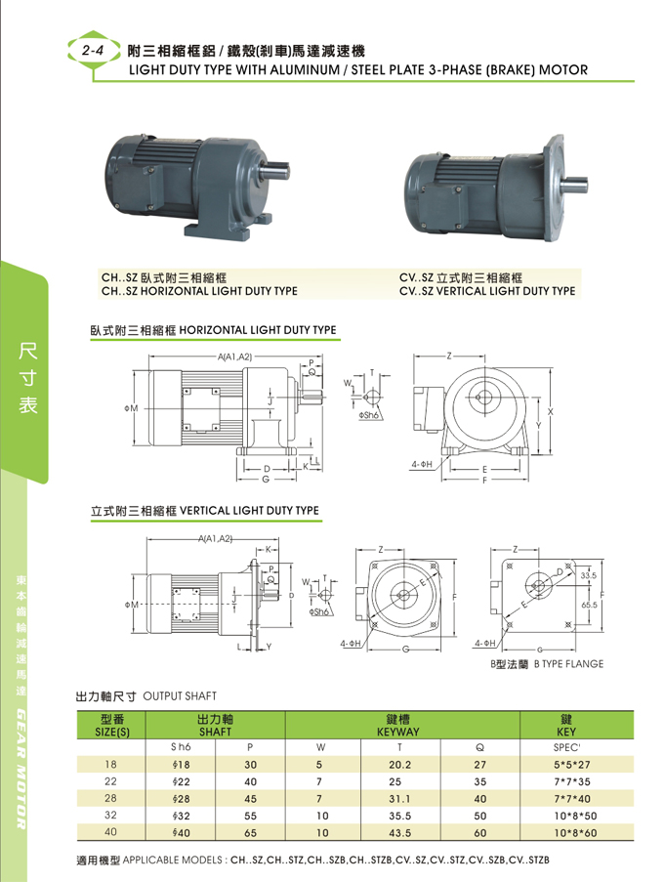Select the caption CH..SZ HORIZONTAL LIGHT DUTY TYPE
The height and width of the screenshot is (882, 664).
click(x=200, y=290)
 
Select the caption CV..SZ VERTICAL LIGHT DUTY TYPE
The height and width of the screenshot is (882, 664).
click(x=487, y=290)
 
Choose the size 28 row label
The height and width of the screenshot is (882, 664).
click(x=110, y=798)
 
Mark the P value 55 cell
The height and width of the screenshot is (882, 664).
click(x=250, y=815)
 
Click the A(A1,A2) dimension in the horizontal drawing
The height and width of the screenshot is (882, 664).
click(x=234, y=357)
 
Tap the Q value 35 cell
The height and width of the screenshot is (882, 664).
click(x=480, y=781)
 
